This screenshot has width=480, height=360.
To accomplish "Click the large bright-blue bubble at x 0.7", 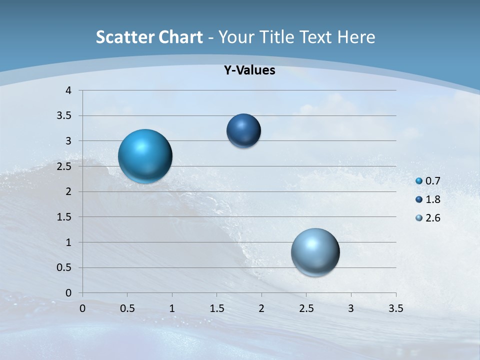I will [x=145, y=156].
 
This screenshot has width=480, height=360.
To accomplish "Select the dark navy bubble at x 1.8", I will [x=243, y=130].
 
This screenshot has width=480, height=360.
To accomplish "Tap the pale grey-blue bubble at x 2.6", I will [x=315, y=252].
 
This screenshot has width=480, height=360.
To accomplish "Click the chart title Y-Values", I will [x=249, y=70].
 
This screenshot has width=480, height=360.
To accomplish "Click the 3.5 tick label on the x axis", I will [x=395, y=308].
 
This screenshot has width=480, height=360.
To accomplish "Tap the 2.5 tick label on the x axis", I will [x=306, y=308].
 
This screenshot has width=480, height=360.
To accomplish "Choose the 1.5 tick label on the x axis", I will [x=216, y=308].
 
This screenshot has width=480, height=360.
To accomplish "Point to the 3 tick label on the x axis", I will [x=351, y=308].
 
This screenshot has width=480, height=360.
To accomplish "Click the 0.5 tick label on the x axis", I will [x=127, y=308].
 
